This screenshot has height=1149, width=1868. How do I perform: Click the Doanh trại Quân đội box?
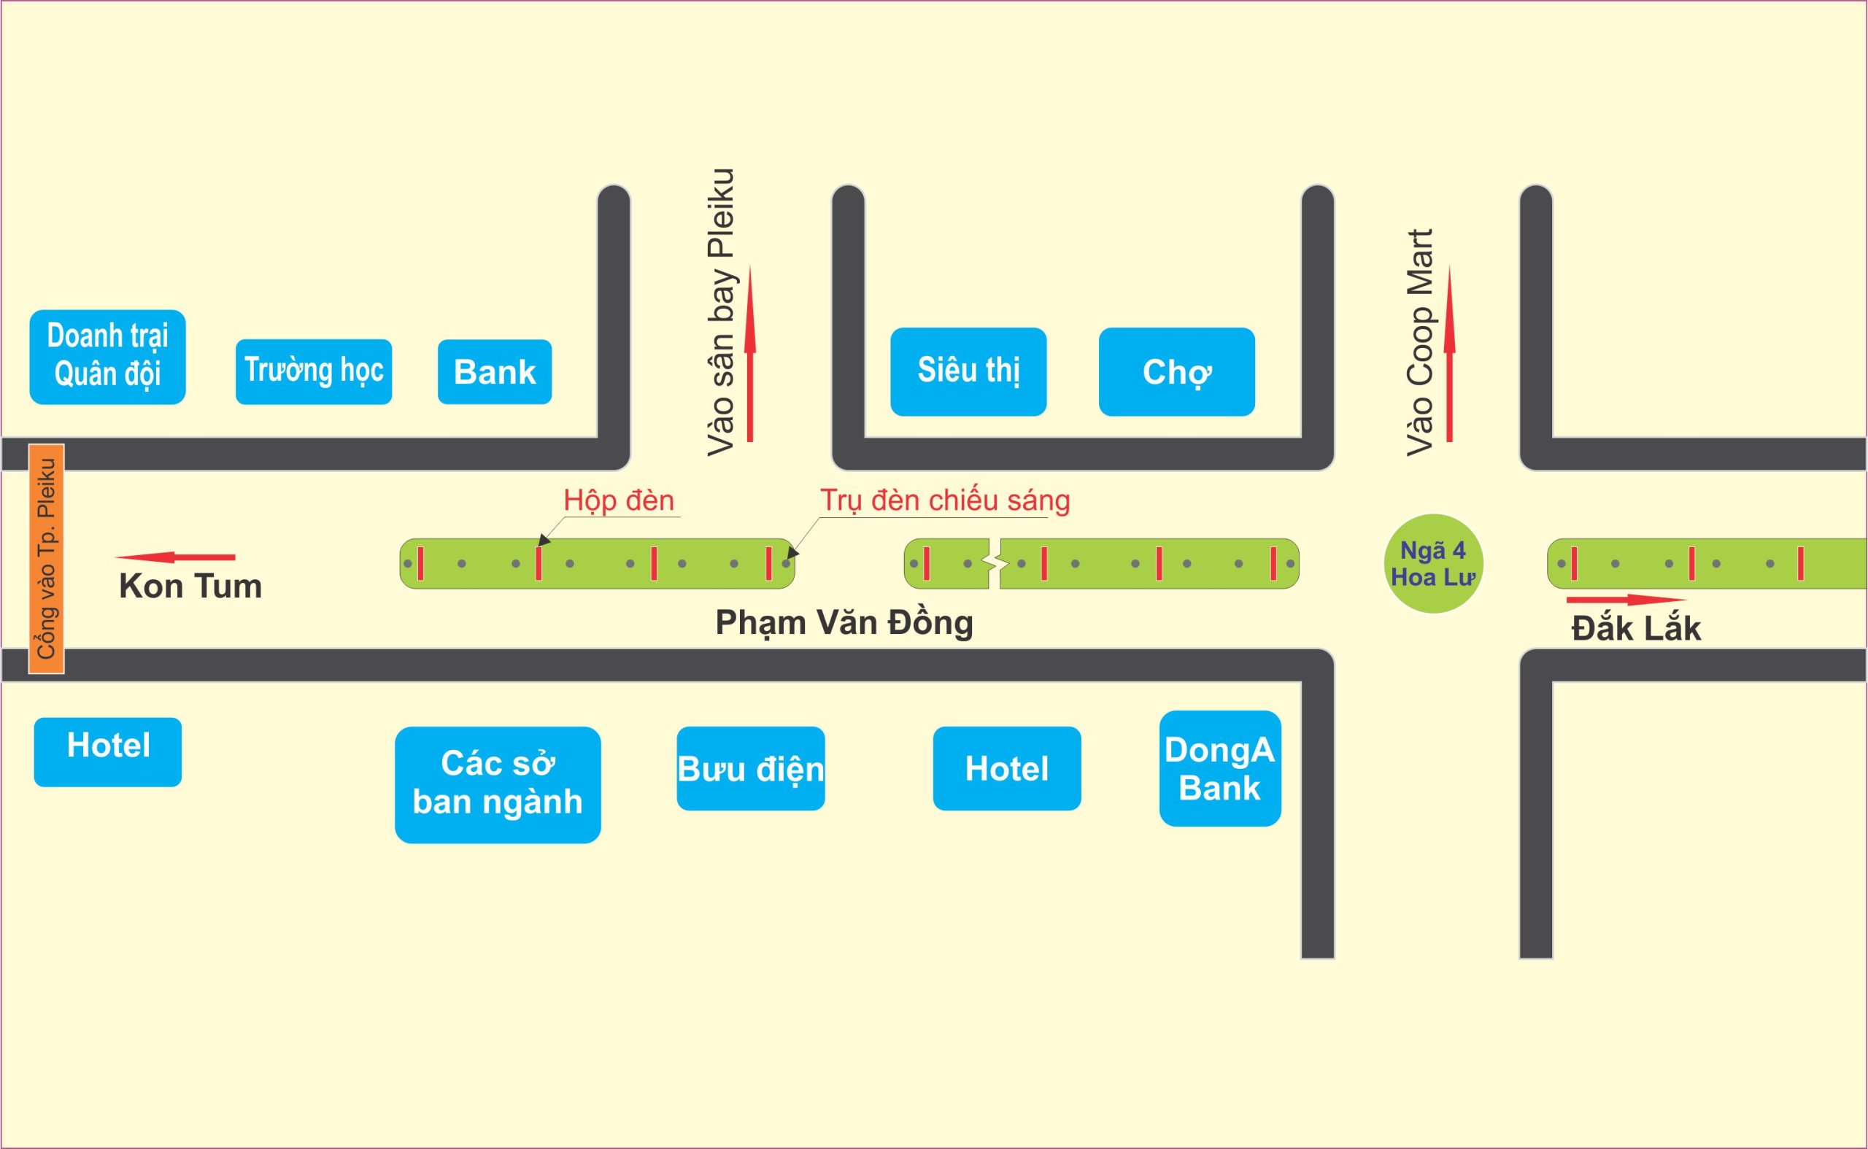pos(107,357)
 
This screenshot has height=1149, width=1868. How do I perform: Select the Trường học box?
pos(313,371)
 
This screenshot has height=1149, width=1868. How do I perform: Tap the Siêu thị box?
pos(968,371)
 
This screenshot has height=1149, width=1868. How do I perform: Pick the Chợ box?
pos(1176,371)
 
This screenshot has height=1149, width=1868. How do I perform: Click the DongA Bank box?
pos(1219,768)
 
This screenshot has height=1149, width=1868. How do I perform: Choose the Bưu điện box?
pos(750,768)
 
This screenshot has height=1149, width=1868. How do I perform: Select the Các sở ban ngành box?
pos(497,784)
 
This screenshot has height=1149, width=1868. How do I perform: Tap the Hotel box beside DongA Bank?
pos(1006,768)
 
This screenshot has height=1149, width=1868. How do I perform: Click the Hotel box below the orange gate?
pos(107,751)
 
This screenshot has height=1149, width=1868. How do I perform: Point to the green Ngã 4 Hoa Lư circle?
pos(1432,563)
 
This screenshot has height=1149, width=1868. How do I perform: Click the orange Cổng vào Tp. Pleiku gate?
pos(47,559)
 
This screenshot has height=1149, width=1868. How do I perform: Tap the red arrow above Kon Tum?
pos(176,557)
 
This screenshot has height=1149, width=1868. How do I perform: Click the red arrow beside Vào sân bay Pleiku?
pos(750,353)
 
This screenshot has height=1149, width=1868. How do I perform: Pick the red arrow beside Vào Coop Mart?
pos(1449,353)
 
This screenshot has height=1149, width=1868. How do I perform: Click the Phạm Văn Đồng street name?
pos(844,623)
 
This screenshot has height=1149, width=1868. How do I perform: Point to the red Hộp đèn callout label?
pos(619,500)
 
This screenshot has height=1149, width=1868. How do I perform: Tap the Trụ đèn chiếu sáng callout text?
pos(945,500)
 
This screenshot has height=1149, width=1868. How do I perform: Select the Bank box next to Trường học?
pos(494,371)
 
